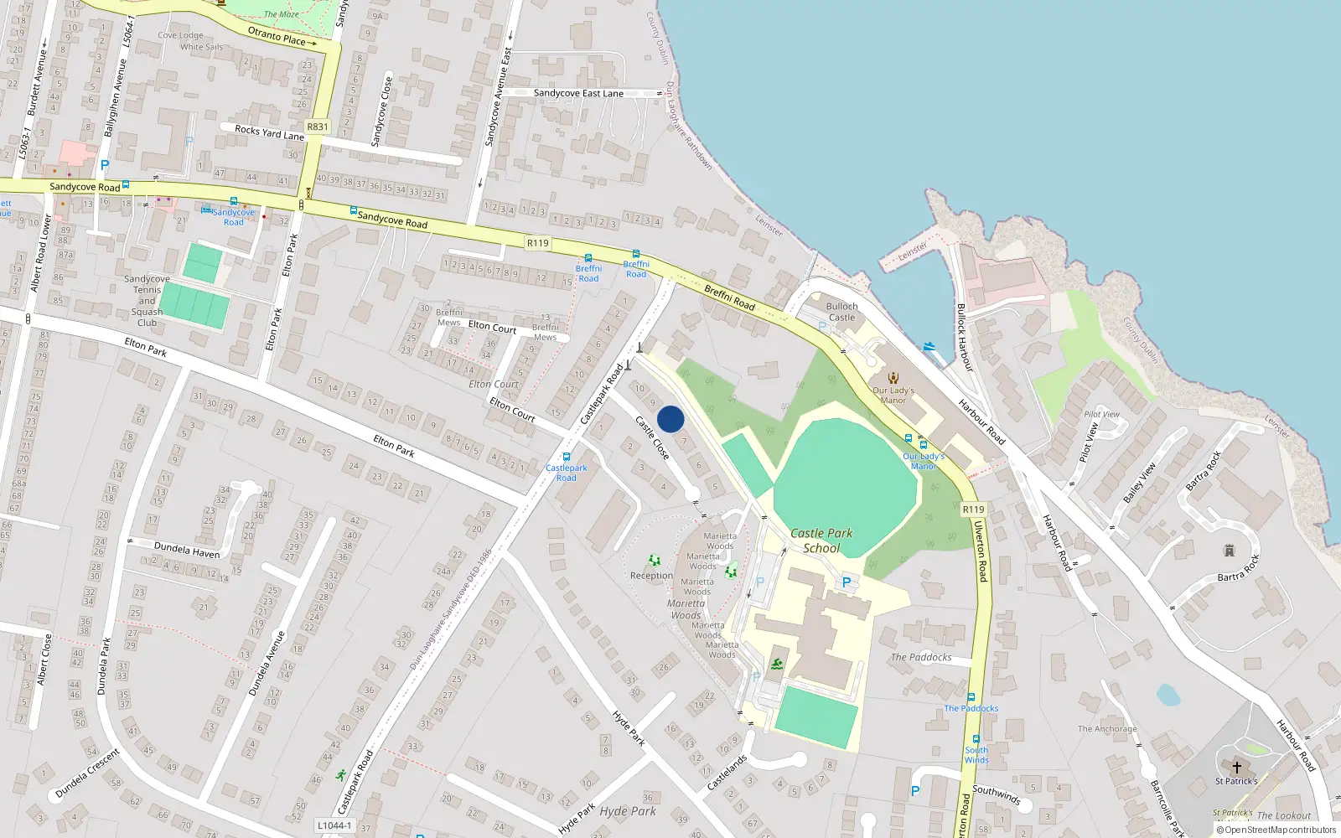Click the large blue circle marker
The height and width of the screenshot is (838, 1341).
[670, 419]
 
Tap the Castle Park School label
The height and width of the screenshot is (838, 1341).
[821, 541]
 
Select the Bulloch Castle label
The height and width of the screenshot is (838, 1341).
[841, 312]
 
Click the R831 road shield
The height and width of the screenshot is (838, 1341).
[318, 127]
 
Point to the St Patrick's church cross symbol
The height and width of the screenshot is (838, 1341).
[1236, 767]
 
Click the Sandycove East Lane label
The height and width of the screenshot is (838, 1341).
[578, 93]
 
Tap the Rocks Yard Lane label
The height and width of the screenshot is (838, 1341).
[269, 132]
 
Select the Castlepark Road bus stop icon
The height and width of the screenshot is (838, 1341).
[567, 457]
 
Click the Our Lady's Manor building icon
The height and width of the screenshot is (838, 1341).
[893, 378]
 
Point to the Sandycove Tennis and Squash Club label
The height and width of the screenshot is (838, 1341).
[147, 300]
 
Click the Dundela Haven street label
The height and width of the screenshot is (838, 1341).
[187, 551]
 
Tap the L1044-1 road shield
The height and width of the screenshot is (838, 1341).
[334, 825]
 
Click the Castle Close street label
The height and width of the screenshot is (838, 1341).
[652, 437]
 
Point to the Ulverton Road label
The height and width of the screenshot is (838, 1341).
[981, 551]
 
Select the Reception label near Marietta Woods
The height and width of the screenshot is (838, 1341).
[651, 576]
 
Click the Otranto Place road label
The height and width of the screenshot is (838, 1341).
[277, 36]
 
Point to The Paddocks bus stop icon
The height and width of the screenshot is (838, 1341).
[971, 697]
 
